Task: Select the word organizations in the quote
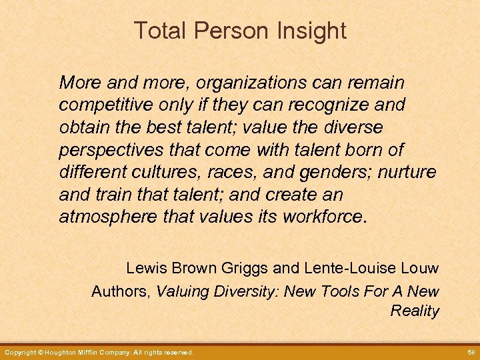point(246,83)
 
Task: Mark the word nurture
point(407,173)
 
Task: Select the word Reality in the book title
point(415,311)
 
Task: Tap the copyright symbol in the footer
point(41,352)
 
